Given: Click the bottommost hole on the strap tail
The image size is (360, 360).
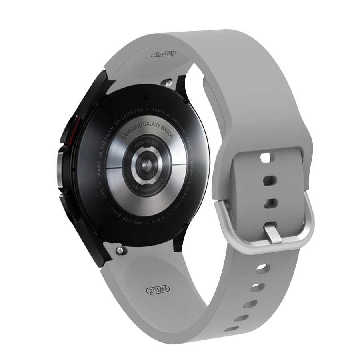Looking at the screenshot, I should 232,329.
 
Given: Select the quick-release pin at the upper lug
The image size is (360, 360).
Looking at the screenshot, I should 168,82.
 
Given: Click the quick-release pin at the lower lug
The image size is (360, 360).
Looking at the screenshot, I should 120,250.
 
